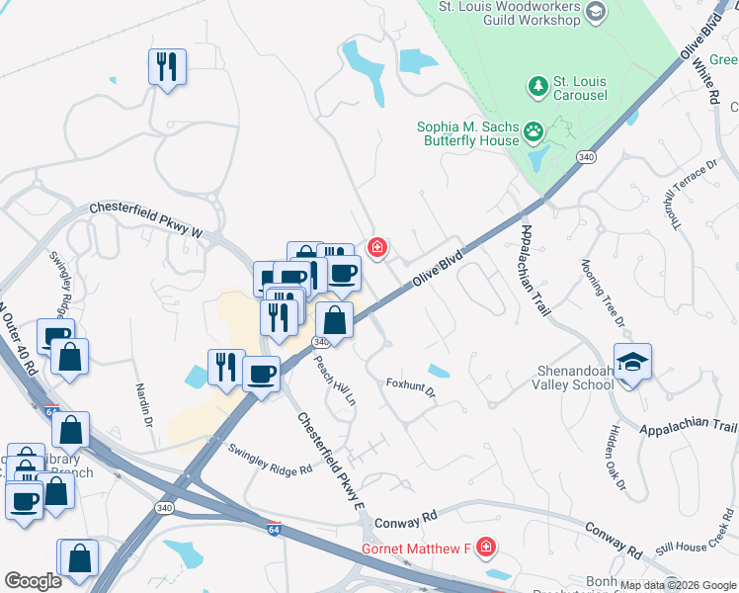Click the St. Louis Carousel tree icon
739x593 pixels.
[x=537, y=87]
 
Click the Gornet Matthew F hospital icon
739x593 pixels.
[x=485, y=547]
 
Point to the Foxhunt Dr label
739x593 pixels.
[x=410, y=386]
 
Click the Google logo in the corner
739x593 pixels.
[x=33, y=581]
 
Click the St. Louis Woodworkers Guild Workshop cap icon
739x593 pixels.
[x=595, y=12]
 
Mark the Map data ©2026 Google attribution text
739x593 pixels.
[x=678, y=585]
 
